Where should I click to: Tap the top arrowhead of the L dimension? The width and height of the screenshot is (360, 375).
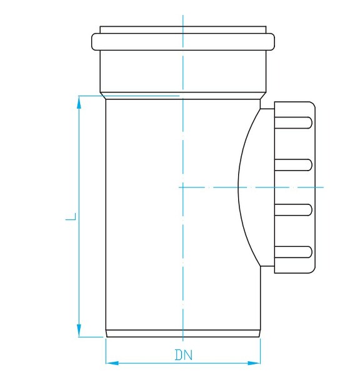coord(79,101)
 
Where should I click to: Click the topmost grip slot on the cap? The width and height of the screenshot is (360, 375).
coord(293,122)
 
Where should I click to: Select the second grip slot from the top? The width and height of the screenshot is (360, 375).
coord(293,164)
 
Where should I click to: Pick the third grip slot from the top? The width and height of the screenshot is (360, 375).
coord(293,208)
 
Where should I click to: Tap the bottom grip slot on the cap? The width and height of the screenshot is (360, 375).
coord(293,252)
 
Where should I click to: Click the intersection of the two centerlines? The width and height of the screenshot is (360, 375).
coord(182,186)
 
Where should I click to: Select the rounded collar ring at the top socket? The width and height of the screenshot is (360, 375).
coord(182,41)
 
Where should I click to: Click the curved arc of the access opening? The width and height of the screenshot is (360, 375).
coord(239,186)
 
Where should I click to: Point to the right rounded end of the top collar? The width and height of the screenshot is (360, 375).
coord(271,41)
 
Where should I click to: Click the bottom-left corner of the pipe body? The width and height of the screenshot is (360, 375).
coord(106,336)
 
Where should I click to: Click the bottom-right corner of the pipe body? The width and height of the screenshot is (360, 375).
coord(260,336)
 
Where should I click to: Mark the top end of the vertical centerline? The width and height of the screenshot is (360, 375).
coord(182,14)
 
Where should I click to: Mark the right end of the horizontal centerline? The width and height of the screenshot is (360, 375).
coord(324,186)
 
